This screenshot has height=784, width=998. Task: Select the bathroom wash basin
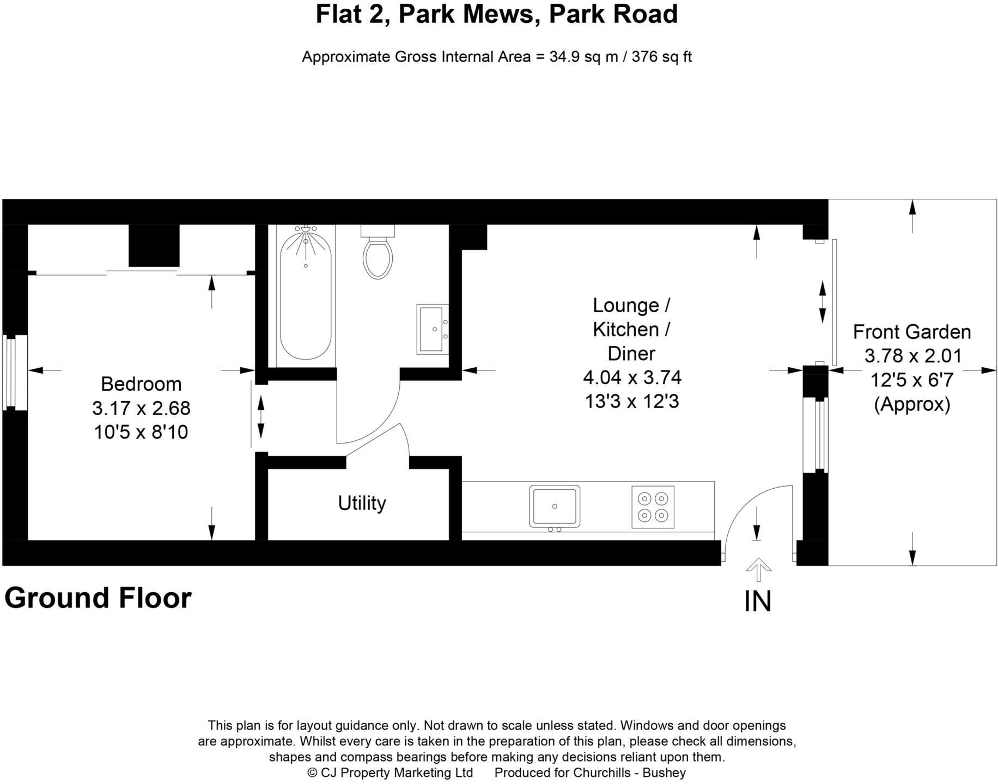coord(432,329)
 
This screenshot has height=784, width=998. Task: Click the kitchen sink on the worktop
coord(555,507)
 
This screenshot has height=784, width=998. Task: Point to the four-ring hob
coord(653,507)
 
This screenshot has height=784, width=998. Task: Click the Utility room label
coord(362,503)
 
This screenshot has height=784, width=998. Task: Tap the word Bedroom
coord(141,384)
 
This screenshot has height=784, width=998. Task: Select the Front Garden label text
coord(911,332)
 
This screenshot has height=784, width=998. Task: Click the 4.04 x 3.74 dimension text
coord(632,377)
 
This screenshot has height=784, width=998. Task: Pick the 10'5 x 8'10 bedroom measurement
coord(141,432)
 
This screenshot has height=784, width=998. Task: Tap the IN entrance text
coord(758,601)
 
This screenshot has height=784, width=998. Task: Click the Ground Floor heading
coord(98,598)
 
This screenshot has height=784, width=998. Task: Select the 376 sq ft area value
coord(661,57)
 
